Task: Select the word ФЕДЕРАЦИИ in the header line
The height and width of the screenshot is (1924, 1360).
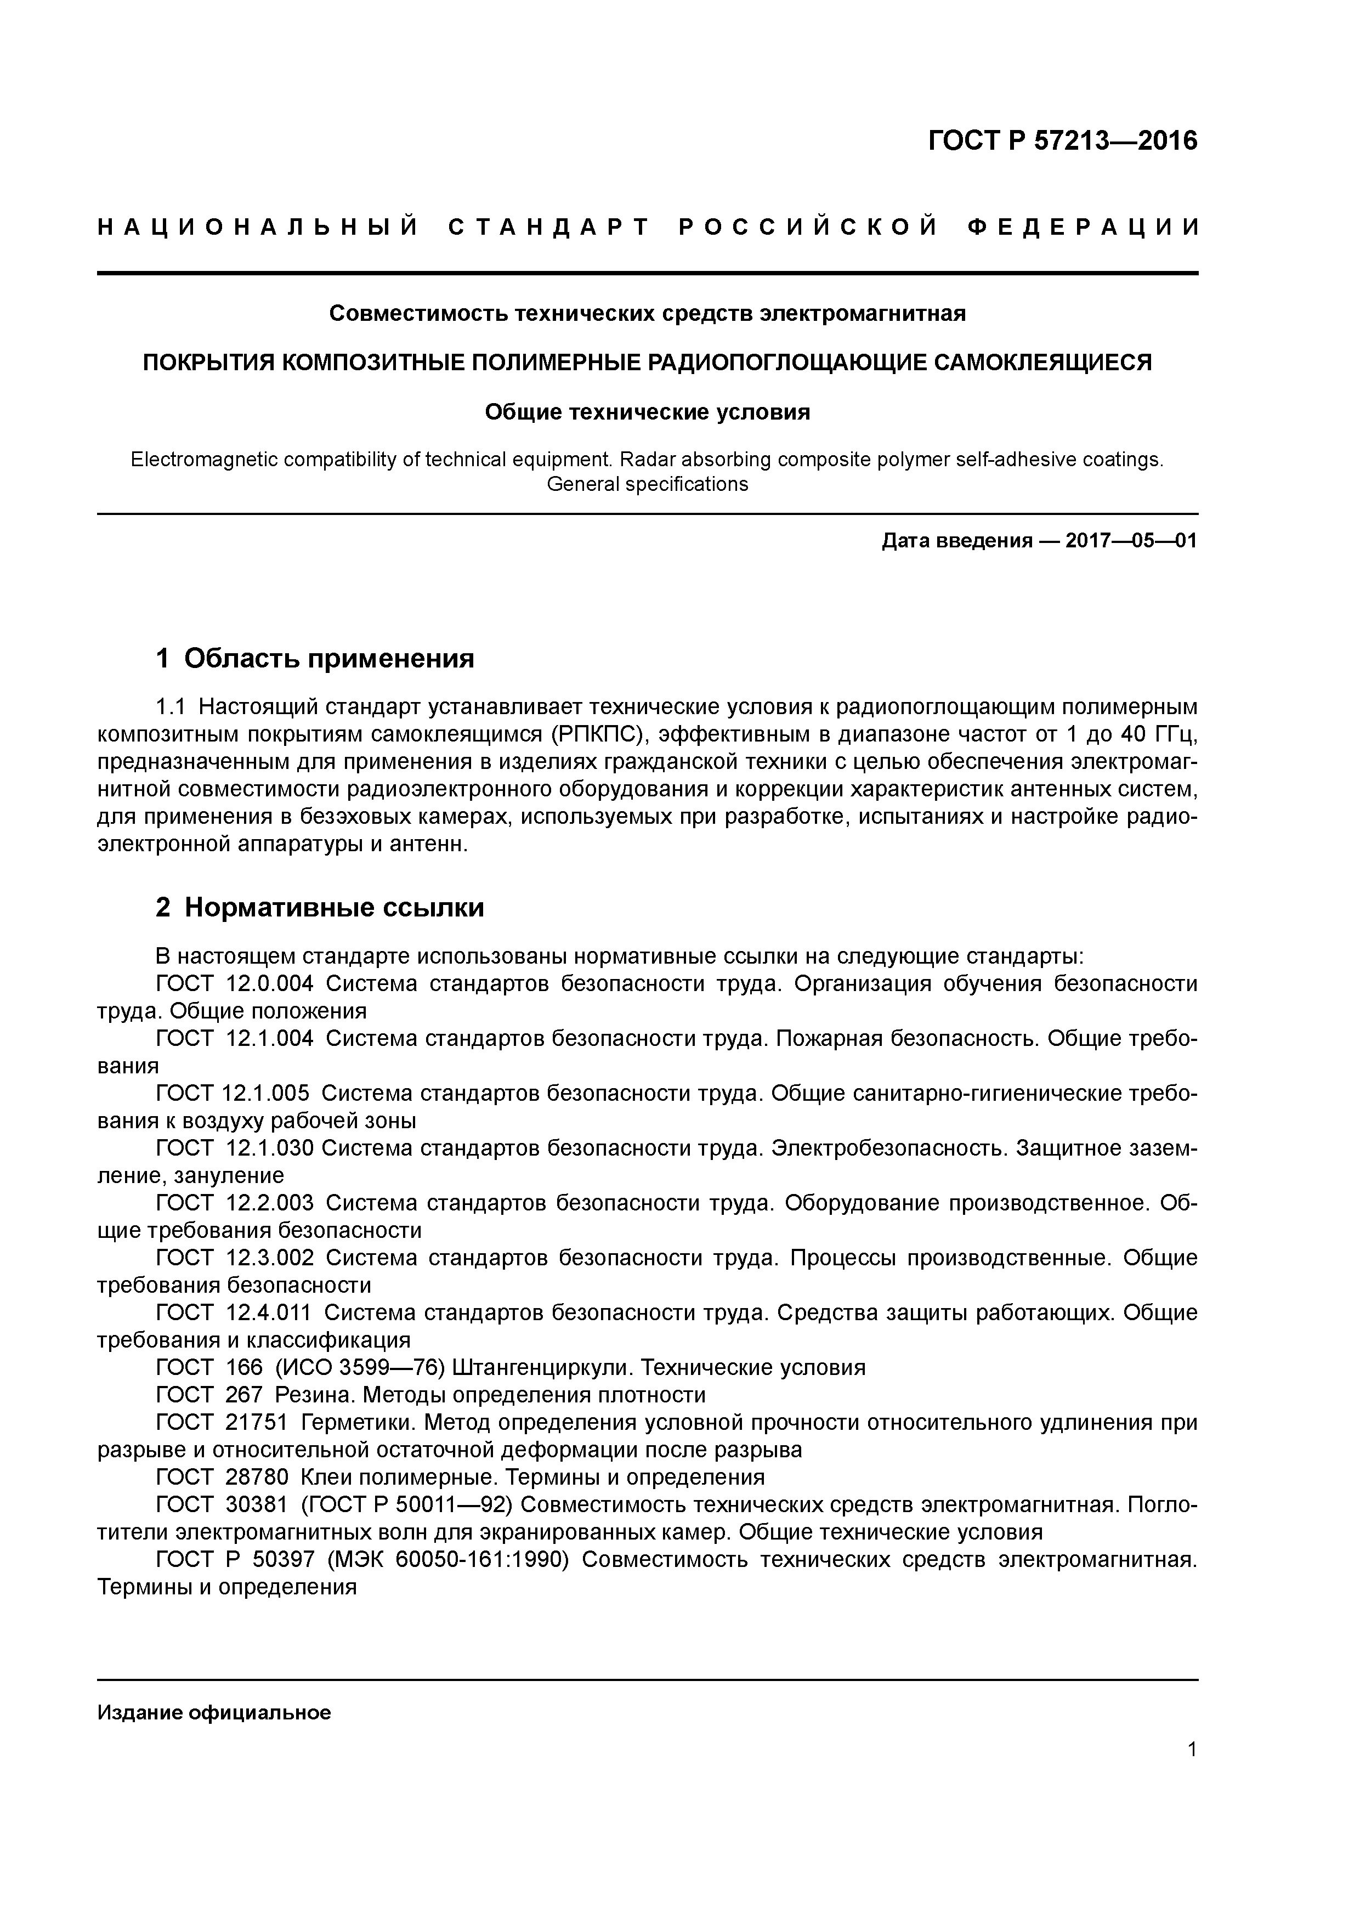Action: point(1083,227)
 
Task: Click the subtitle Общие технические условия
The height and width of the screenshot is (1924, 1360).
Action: point(647,412)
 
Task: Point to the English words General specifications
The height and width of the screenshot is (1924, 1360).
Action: point(647,484)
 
